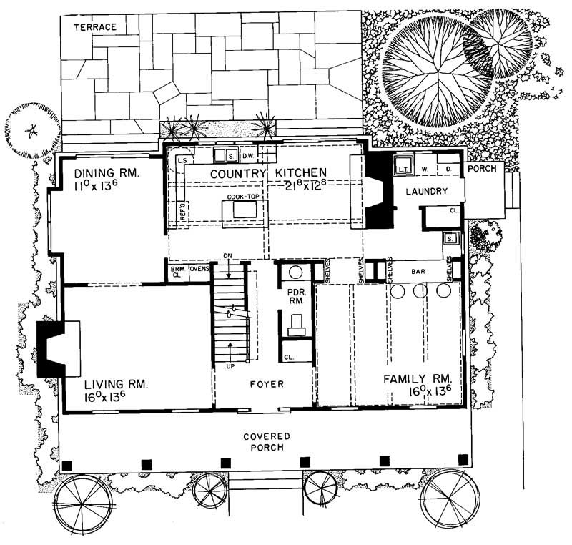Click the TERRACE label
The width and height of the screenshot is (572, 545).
(95, 27)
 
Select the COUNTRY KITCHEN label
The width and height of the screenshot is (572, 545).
(259, 173)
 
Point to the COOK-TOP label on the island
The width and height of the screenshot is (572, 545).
(242, 197)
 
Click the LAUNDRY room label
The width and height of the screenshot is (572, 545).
(426, 191)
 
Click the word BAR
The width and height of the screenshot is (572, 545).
(419, 272)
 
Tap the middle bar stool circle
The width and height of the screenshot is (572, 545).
(420, 290)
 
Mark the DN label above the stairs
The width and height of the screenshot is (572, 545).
(228, 255)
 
